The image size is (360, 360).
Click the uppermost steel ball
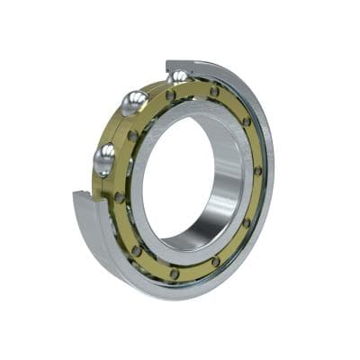point(178,77)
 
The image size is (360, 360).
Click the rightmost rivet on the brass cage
point(257,170)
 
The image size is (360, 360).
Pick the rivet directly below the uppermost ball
point(170,94)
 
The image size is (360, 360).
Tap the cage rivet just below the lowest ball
point(119,196)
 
